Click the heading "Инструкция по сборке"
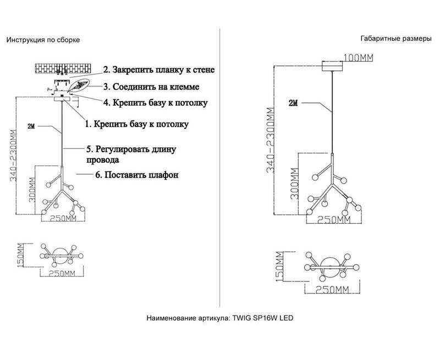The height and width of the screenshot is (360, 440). [x=43, y=40]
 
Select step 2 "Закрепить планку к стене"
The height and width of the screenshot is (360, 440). [x=159, y=70]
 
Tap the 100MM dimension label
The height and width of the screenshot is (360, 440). [x=359, y=57]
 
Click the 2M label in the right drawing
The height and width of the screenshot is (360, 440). [x=293, y=102]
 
